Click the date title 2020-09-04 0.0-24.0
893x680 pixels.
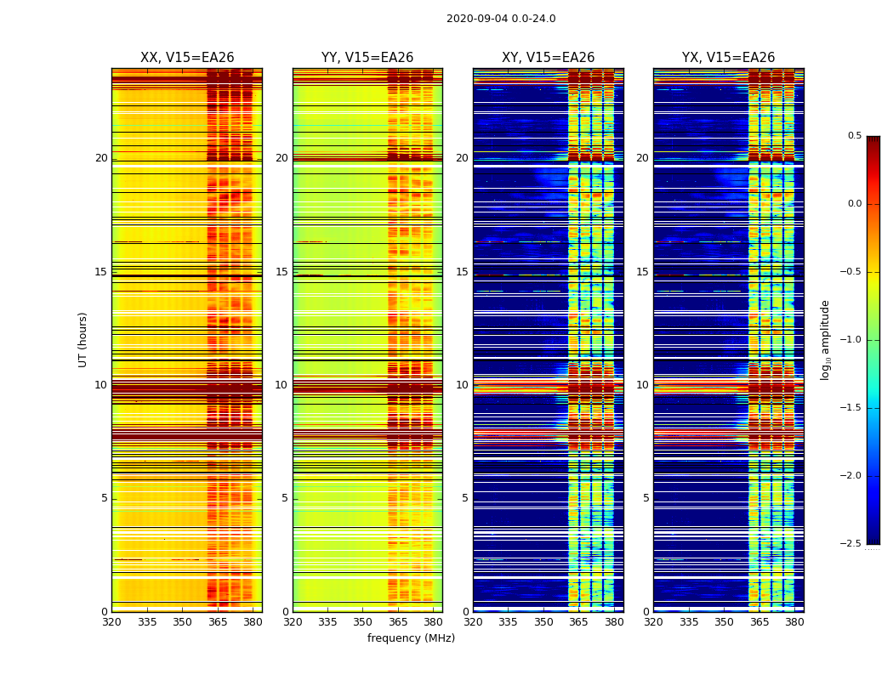[501, 19]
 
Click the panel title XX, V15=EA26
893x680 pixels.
[187, 58]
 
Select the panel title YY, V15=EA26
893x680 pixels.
[367, 58]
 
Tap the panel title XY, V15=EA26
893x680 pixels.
[548, 58]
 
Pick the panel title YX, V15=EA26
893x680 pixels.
[728, 58]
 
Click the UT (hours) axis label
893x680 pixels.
[82, 339]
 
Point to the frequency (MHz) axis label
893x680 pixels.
[411, 638]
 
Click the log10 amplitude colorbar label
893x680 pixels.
[825, 339]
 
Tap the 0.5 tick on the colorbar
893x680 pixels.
[854, 136]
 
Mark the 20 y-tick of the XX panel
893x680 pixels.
[101, 158]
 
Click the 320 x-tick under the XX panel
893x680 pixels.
[111, 622]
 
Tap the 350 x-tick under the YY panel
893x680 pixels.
[362, 622]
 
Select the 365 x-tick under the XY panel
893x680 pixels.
[578, 622]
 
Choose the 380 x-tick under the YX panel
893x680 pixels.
[794, 622]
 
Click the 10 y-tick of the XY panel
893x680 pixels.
[462, 385]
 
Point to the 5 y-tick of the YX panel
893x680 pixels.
[646, 498]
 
